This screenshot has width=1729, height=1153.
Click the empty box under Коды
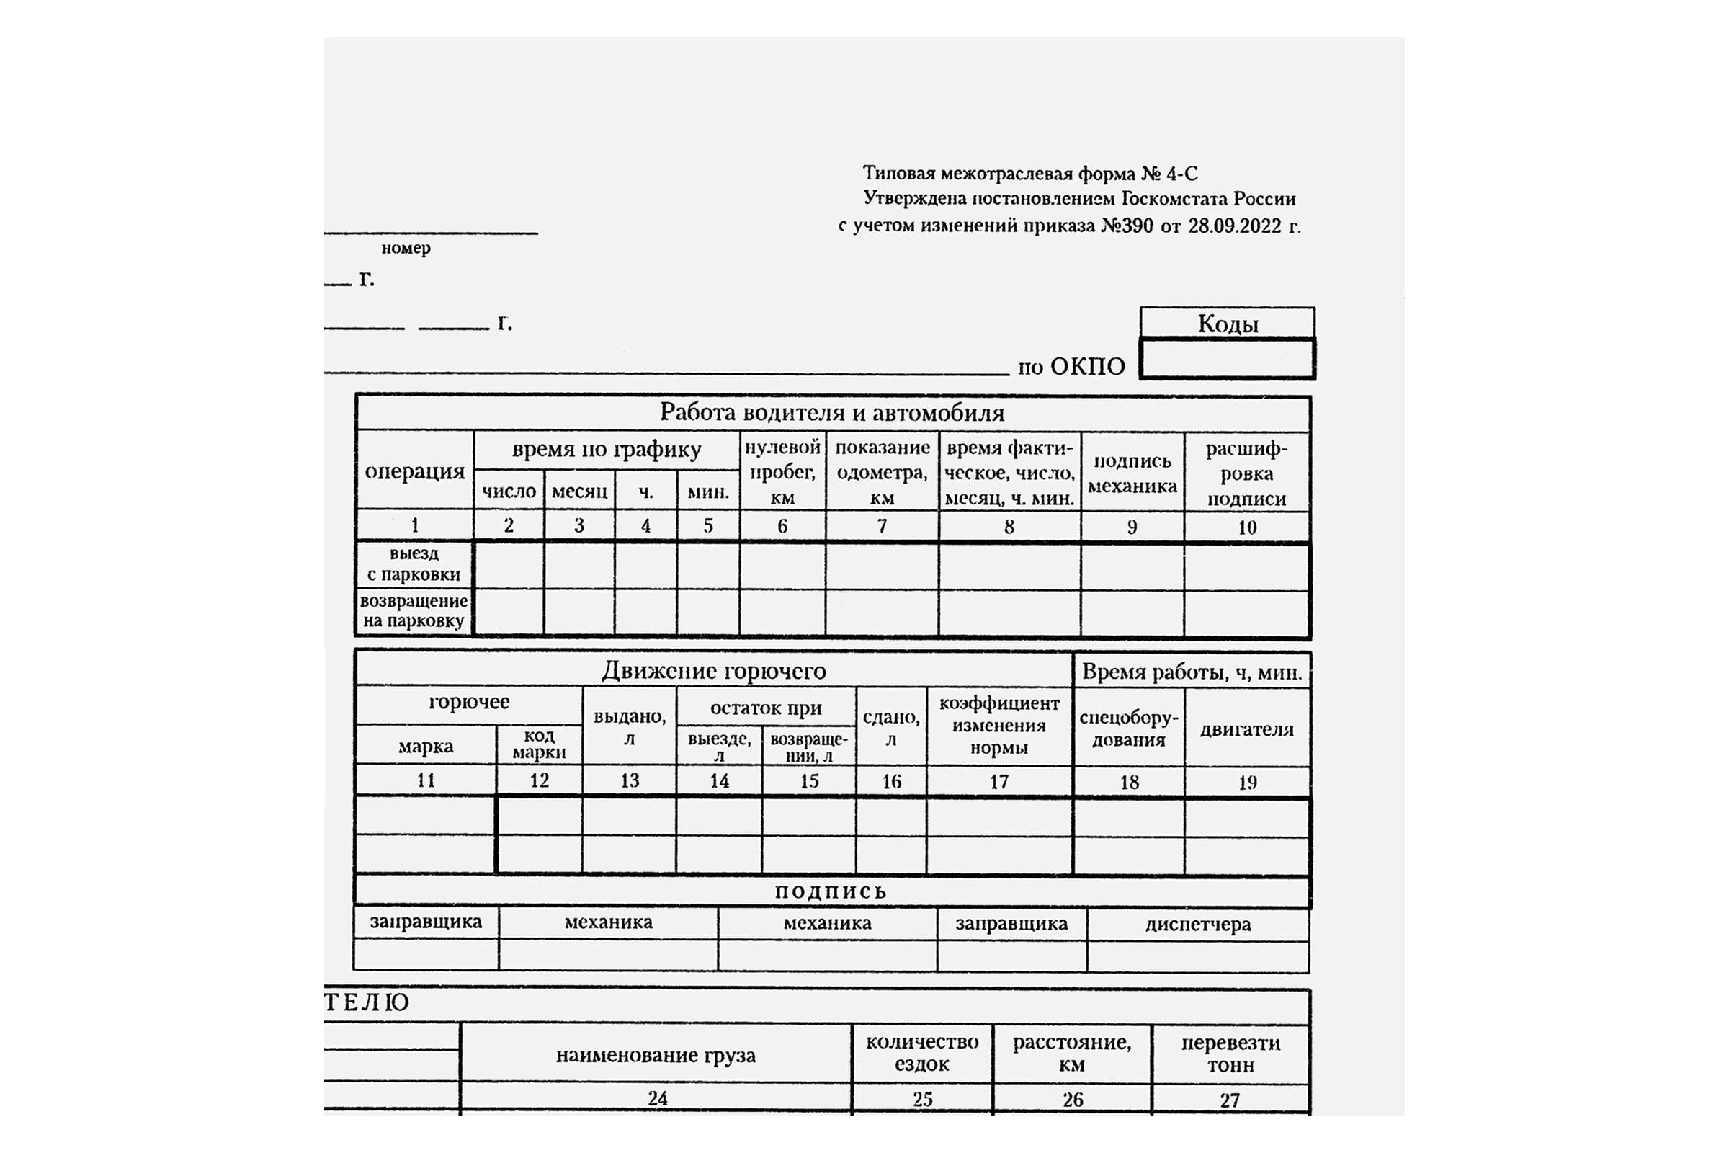tap(1227, 359)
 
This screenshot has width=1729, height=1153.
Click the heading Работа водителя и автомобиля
tap(831, 412)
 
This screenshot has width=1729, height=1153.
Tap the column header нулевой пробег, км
tap(782, 472)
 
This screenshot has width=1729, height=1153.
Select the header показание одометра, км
tap(882, 472)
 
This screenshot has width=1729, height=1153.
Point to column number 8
tap(1009, 527)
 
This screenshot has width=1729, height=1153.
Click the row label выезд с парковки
tap(414, 564)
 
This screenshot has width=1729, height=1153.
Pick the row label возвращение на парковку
tap(414, 611)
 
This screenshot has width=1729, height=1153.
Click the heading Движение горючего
tap(714, 671)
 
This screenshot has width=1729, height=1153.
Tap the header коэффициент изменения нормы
tap(999, 726)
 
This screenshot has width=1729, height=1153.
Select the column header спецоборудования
tap(1128, 729)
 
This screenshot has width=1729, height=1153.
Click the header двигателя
tap(1247, 729)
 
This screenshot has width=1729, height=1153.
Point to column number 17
tap(999, 782)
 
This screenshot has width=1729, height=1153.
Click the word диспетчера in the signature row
tap(1197, 925)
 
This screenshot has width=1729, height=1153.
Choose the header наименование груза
tap(655, 1055)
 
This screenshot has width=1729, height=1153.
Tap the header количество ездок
tap(922, 1053)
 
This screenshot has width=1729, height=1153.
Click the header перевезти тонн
tap(1230, 1054)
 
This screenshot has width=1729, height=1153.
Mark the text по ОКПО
tap(1071, 366)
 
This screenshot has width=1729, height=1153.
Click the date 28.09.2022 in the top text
tap(1234, 226)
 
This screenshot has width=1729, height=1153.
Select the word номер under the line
tap(406, 248)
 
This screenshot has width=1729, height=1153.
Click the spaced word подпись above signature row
tap(831, 892)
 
